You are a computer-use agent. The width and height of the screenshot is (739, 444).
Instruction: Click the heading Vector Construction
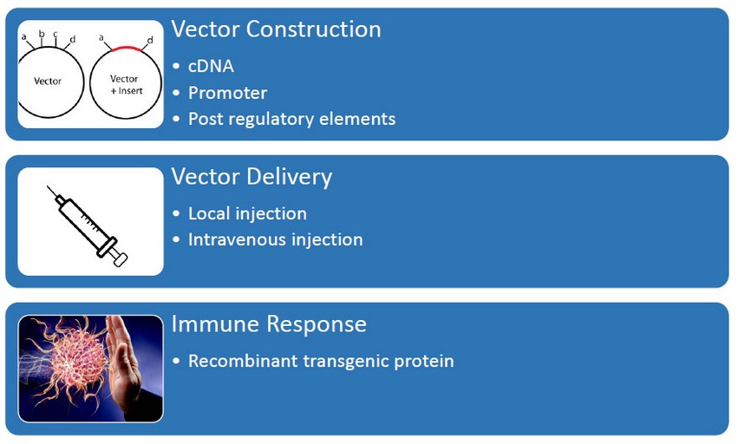(x=276, y=29)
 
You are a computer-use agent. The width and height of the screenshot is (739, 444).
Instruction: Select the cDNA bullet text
(x=211, y=66)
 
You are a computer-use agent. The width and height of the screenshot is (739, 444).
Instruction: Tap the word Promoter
(x=227, y=93)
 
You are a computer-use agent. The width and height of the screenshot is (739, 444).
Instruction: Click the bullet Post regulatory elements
(x=291, y=119)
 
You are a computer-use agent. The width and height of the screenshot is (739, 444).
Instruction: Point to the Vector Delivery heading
(x=252, y=177)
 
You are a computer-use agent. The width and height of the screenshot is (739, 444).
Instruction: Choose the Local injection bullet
(x=247, y=213)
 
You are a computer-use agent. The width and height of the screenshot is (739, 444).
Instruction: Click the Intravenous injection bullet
(x=276, y=239)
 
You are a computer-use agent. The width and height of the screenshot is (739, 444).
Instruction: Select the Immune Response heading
(x=269, y=324)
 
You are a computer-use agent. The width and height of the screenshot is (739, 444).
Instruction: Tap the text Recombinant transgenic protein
(x=321, y=361)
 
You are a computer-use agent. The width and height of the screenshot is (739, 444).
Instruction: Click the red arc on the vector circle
(x=127, y=48)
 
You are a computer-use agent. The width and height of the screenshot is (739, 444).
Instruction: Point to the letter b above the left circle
(x=42, y=34)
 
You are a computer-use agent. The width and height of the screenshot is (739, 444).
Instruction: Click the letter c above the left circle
(x=56, y=34)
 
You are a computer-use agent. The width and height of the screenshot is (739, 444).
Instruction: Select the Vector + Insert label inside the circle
(x=126, y=85)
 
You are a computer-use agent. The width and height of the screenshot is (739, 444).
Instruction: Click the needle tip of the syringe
(x=48, y=186)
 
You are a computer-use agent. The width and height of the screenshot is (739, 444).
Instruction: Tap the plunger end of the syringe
(x=121, y=259)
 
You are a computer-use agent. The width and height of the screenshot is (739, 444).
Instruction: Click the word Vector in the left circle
(x=48, y=81)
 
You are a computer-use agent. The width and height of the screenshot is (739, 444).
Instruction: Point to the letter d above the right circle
(x=150, y=40)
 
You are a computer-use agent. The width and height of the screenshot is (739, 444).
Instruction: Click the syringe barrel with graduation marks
(x=85, y=224)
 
